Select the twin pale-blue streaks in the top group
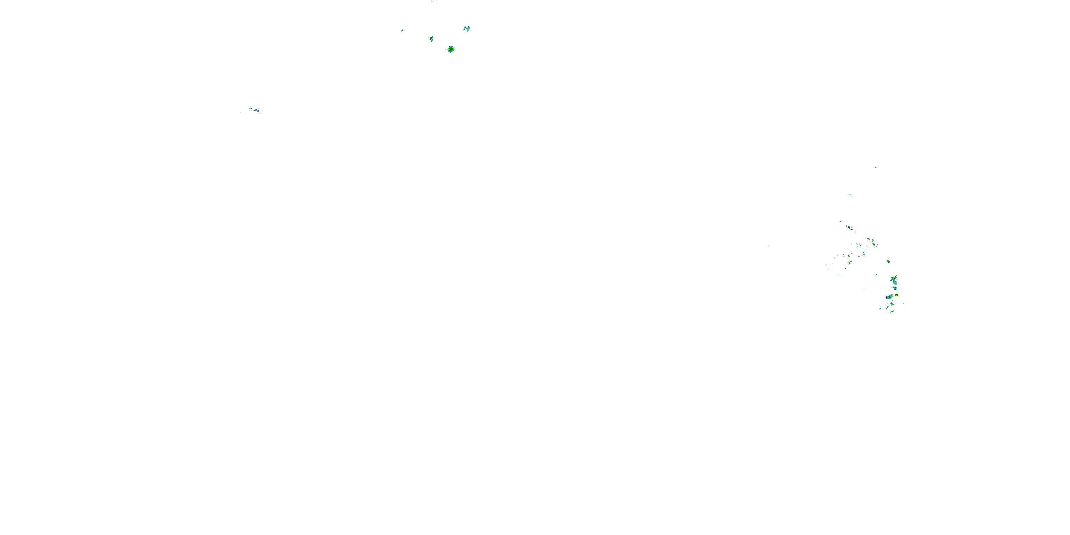tap(467, 29)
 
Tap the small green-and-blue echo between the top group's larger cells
tap(432, 39)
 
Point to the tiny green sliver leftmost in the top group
tap(402, 30)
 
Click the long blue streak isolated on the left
tap(257, 111)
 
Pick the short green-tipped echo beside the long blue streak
tap(250, 108)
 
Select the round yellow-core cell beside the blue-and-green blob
tap(896, 295)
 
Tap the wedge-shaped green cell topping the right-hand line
tap(894, 277)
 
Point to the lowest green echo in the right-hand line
tap(891, 311)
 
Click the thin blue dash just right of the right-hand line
tap(903, 304)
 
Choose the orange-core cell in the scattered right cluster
tap(873, 240)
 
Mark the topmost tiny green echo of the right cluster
tap(876, 167)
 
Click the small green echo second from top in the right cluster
tap(851, 194)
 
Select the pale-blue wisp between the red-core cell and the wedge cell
tap(877, 274)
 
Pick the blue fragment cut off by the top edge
tap(434, 1)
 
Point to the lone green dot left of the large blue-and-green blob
tap(862, 290)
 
